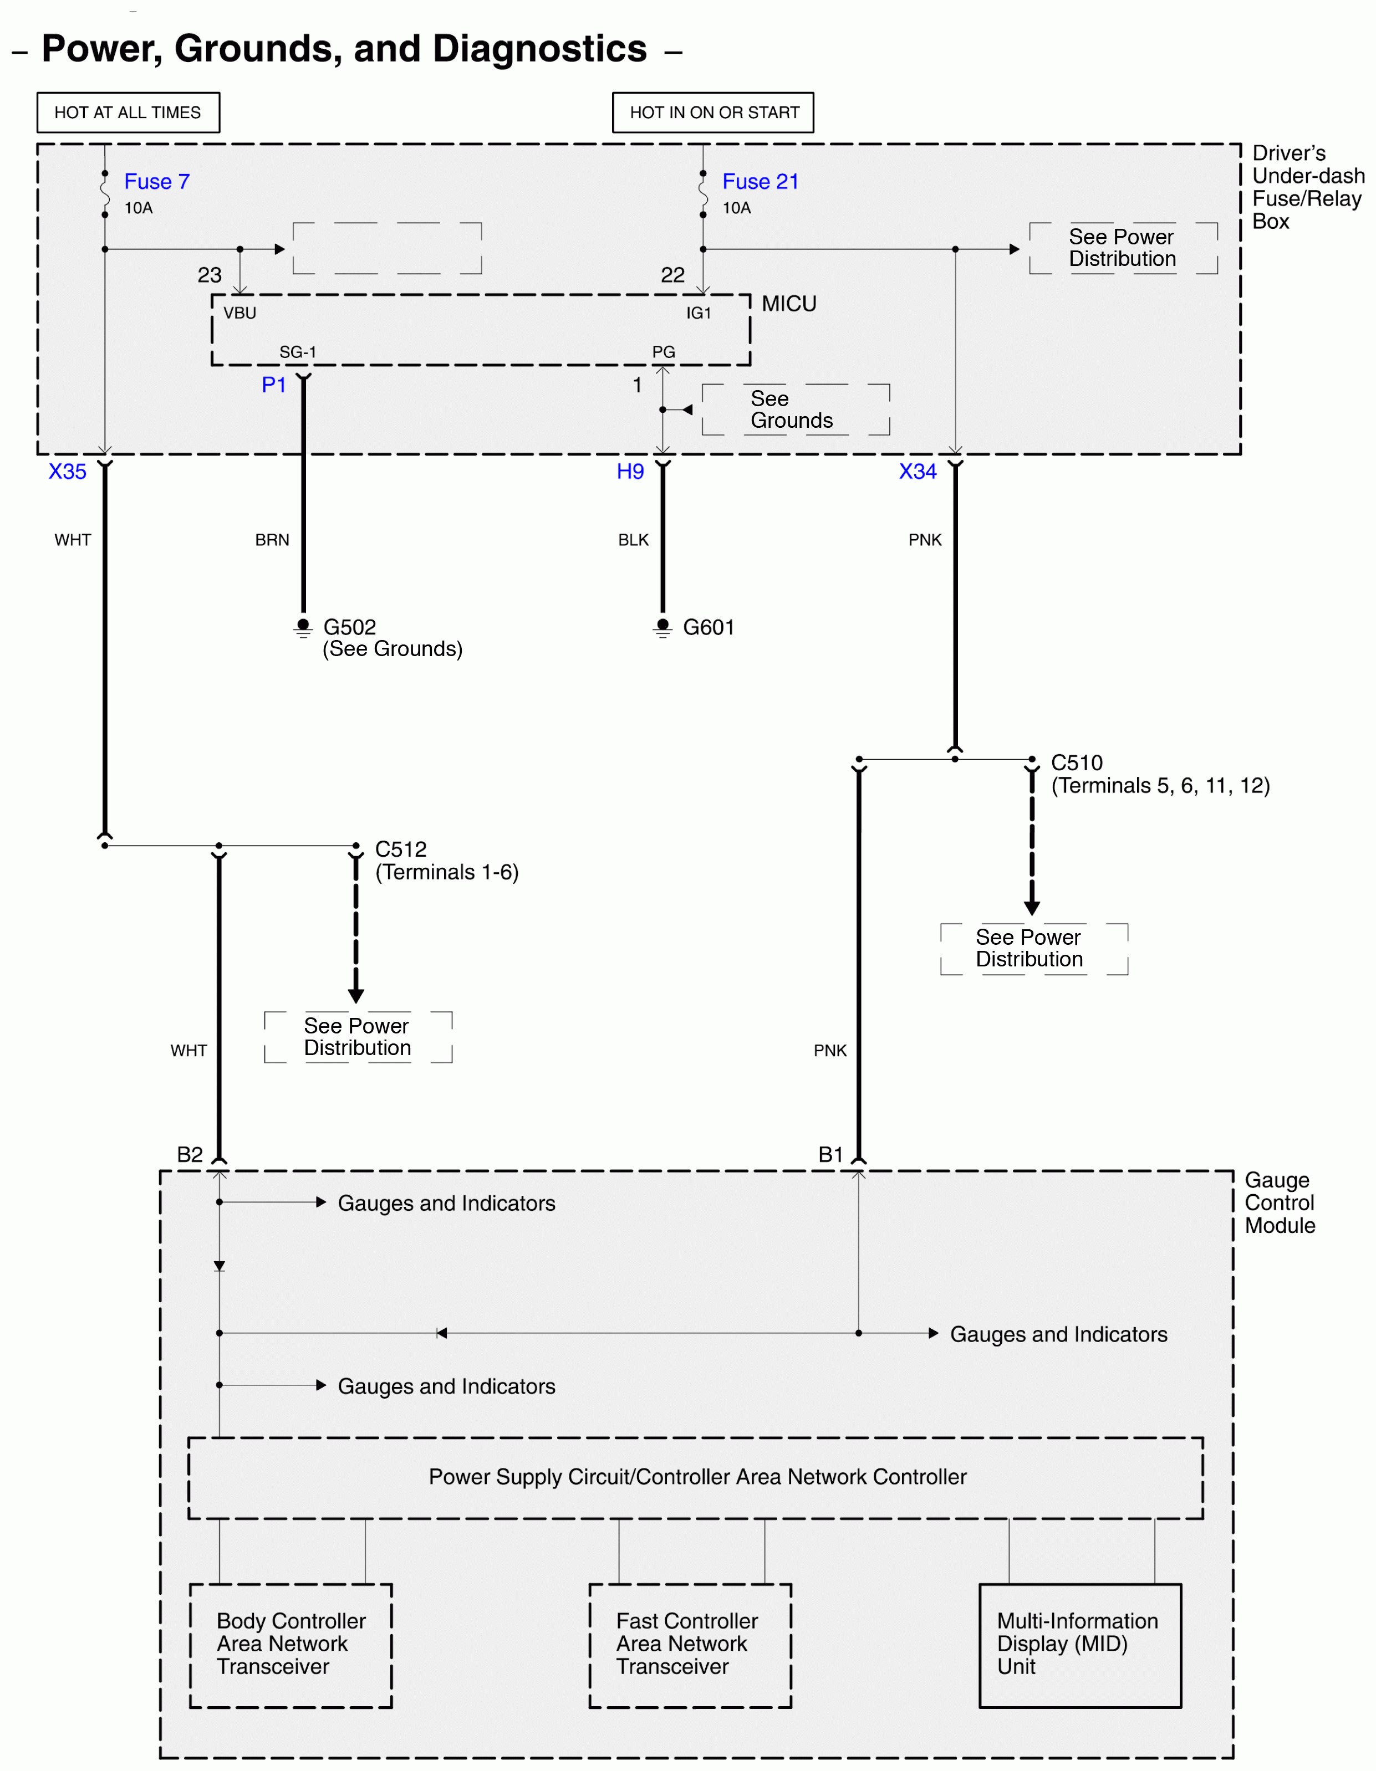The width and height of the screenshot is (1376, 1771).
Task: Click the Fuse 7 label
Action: pyautogui.click(x=156, y=182)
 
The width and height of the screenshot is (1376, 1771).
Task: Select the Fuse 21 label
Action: pyautogui.click(x=760, y=182)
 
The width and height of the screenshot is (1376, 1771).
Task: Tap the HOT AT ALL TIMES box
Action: pyautogui.click(x=128, y=112)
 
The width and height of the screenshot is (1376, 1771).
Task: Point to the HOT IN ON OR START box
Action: pyautogui.click(x=713, y=112)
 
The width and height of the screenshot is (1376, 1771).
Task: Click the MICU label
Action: pyautogui.click(x=788, y=304)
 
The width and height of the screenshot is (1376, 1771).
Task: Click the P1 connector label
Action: pyautogui.click(x=273, y=385)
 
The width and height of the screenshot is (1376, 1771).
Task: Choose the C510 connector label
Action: pyautogui.click(x=1077, y=762)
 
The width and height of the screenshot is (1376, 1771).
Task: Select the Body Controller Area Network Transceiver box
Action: pyautogui.click(x=291, y=1645)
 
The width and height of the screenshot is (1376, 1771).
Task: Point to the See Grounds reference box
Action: pyautogui.click(x=795, y=410)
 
